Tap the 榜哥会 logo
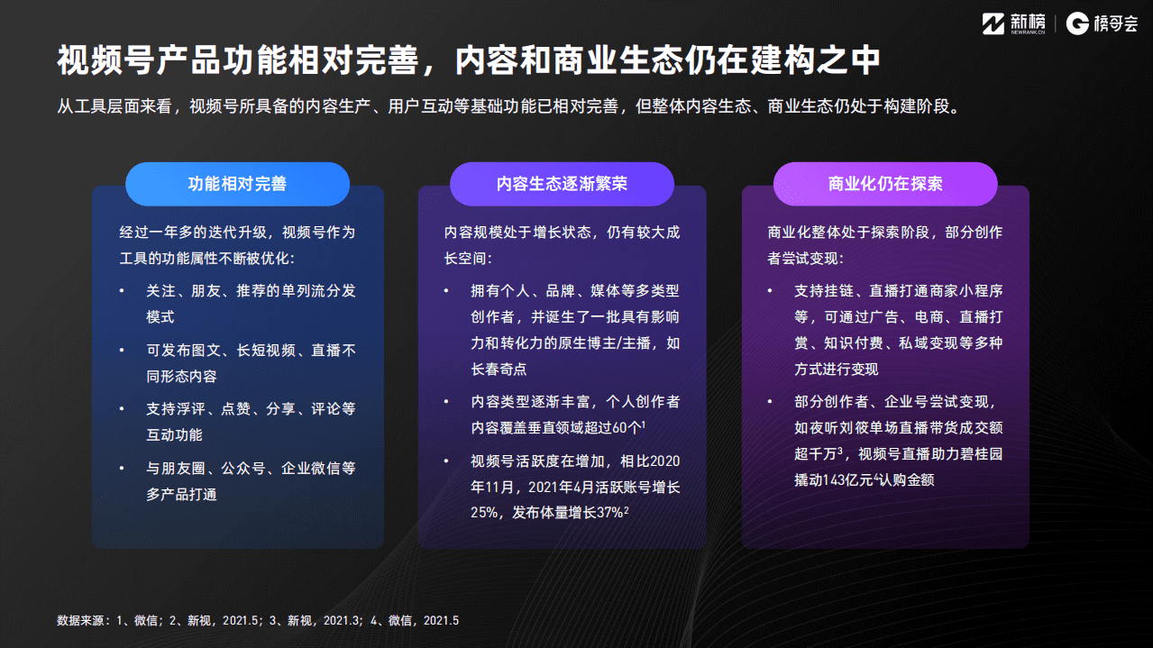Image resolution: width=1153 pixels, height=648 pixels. [1102, 23]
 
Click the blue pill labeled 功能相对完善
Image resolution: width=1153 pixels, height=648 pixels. [237, 184]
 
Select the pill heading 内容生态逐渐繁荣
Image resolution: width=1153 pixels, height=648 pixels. [562, 184]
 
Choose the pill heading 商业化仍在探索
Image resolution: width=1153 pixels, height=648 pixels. [885, 184]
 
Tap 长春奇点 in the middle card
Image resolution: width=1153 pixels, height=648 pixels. [499, 370]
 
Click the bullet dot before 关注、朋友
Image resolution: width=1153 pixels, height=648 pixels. [123, 291]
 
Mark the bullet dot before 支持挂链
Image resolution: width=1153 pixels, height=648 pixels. [771, 291]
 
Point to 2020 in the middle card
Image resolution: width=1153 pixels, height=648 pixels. [664, 461]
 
